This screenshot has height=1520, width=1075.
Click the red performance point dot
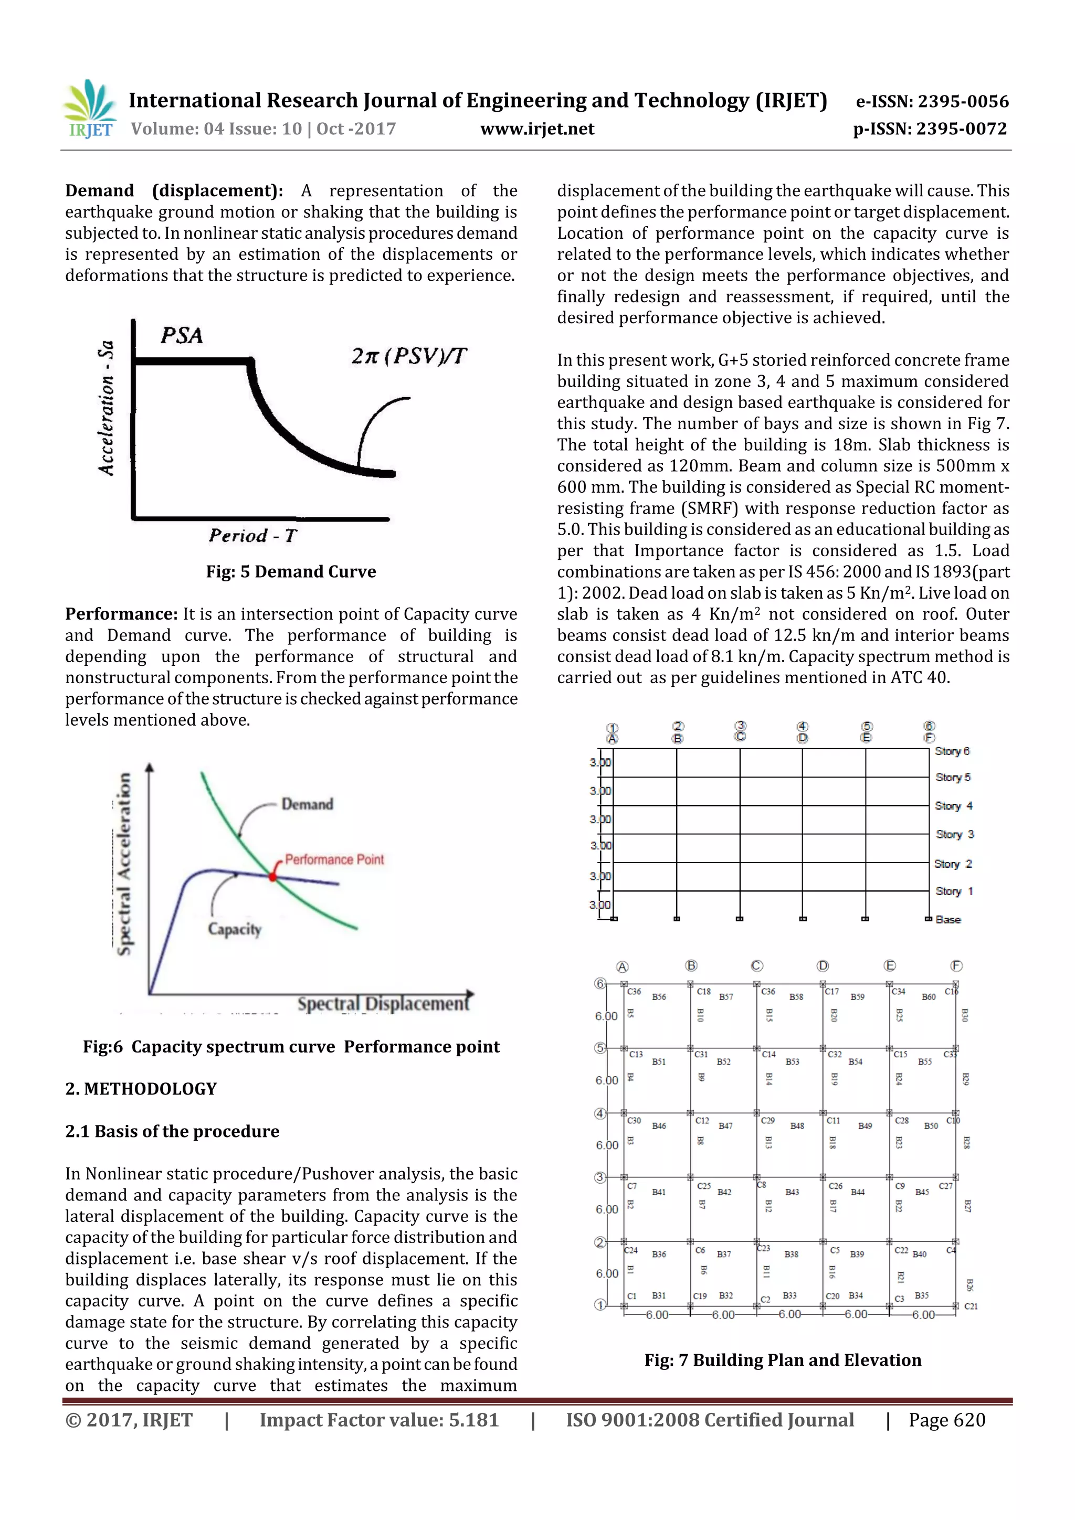click(272, 876)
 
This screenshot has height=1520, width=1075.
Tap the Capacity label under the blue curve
click(235, 929)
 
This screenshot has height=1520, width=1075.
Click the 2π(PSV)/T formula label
click(409, 356)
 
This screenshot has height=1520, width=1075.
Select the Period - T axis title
click(253, 536)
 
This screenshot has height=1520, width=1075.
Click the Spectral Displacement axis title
click(383, 1004)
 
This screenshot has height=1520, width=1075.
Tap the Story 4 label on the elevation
click(953, 806)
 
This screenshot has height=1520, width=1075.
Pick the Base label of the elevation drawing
click(948, 920)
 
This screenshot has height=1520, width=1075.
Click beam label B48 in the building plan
click(797, 1125)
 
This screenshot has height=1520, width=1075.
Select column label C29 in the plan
click(767, 1121)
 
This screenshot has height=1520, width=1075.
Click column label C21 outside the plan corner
click(971, 1306)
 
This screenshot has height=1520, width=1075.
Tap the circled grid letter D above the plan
click(823, 966)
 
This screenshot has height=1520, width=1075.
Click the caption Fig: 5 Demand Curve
click(291, 571)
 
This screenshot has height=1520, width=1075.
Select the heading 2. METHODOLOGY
click(141, 1089)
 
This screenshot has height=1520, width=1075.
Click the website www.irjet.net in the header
click(537, 129)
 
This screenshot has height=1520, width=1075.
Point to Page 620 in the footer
click(946, 1419)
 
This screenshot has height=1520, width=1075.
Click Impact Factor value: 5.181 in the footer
click(379, 1419)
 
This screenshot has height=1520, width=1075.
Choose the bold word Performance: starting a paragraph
click(121, 614)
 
